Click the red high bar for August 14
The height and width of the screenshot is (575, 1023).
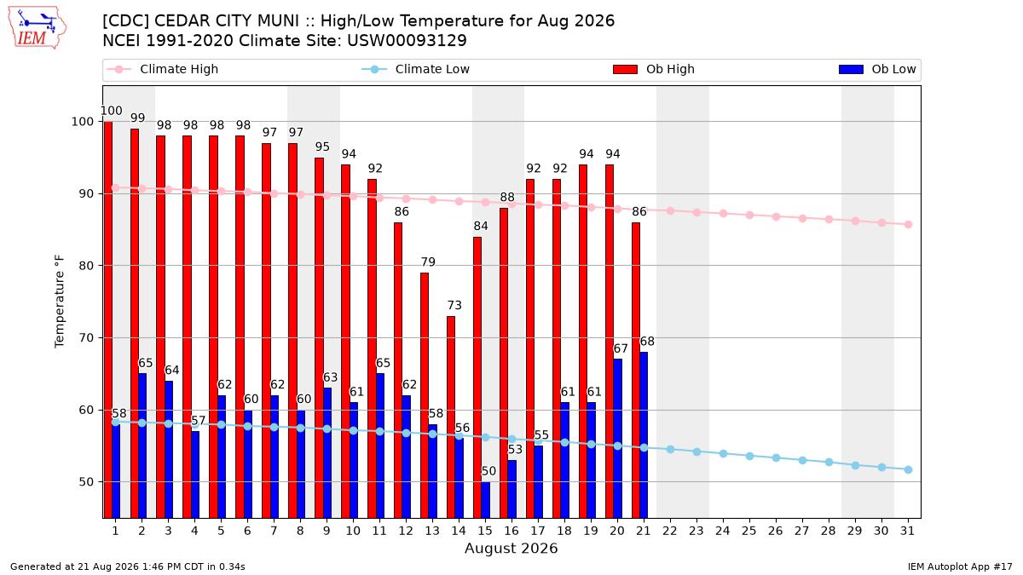click(x=451, y=417)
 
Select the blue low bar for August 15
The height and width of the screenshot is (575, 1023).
click(x=485, y=500)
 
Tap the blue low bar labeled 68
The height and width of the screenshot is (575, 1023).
click(x=644, y=435)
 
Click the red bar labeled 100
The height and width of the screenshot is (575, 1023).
click(x=107, y=319)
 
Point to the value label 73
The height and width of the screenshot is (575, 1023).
click(x=454, y=305)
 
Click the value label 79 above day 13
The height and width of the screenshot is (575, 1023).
click(x=428, y=262)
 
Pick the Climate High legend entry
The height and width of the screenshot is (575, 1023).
click(x=163, y=69)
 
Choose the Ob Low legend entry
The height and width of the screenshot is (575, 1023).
click(x=877, y=69)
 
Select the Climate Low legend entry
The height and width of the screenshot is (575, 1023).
click(x=416, y=69)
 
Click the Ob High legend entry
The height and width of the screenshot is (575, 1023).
click(x=654, y=69)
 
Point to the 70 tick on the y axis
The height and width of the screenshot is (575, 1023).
click(x=86, y=337)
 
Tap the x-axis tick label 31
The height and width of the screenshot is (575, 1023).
click(x=907, y=531)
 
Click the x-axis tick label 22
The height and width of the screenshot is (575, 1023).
click(x=670, y=531)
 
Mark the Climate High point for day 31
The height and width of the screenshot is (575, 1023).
click(x=908, y=225)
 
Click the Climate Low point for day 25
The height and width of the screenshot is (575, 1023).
click(x=749, y=456)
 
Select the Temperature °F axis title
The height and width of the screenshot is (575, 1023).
click(x=60, y=302)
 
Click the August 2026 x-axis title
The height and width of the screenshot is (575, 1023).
click(x=511, y=548)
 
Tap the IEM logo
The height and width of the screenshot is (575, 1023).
click(x=37, y=28)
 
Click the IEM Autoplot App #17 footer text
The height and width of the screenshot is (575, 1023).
click(x=960, y=566)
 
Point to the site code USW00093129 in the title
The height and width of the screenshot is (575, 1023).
click(x=407, y=41)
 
